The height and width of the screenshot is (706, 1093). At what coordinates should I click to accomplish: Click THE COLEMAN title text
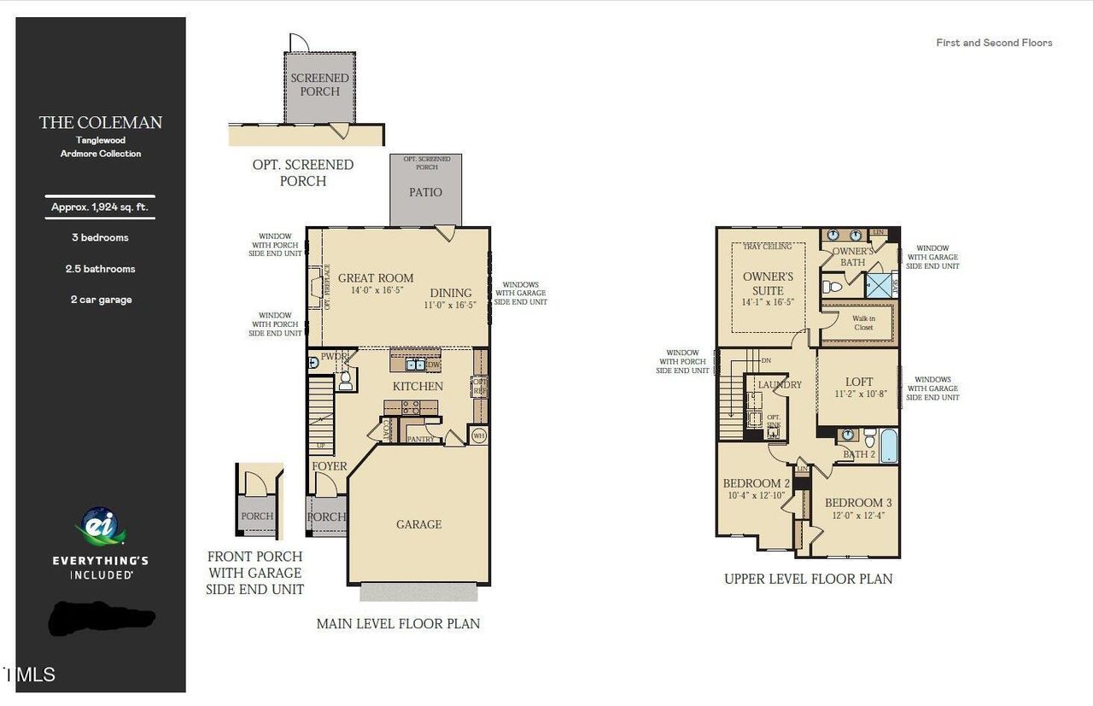(x=101, y=123)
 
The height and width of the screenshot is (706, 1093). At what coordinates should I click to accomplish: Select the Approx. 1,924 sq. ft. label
(x=100, y=207)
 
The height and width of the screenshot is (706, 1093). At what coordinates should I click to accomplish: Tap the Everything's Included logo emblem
(x=100, y=527)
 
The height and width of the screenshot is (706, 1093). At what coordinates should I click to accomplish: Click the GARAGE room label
(x=418, y=524)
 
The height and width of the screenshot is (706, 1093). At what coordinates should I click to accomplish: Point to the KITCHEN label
(x=418, y=386)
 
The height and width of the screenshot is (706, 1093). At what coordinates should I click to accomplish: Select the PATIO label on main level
(x=425, y=192)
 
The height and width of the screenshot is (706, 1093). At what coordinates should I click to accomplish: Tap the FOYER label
(x=330, y=466)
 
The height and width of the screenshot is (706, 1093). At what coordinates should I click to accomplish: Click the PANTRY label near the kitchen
(x=420, y=440)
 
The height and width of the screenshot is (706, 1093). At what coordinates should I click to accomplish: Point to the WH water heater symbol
(x=479, y=435)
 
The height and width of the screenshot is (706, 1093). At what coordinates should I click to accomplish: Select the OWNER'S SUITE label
(x=768, y=283)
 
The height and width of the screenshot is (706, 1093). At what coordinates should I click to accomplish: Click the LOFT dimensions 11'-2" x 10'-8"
(x=859, y=394)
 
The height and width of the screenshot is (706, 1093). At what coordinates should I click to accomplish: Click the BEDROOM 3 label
(x=858, y=503)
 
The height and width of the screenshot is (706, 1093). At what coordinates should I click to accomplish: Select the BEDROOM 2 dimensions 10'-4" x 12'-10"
(x=756, y=496)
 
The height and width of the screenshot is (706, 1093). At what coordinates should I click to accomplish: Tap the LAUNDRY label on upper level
(x=780, y=385)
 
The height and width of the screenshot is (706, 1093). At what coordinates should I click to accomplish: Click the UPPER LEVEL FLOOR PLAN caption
(x=808, y=579)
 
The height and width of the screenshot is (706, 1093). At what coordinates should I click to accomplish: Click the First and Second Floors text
(x=994, y=43)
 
